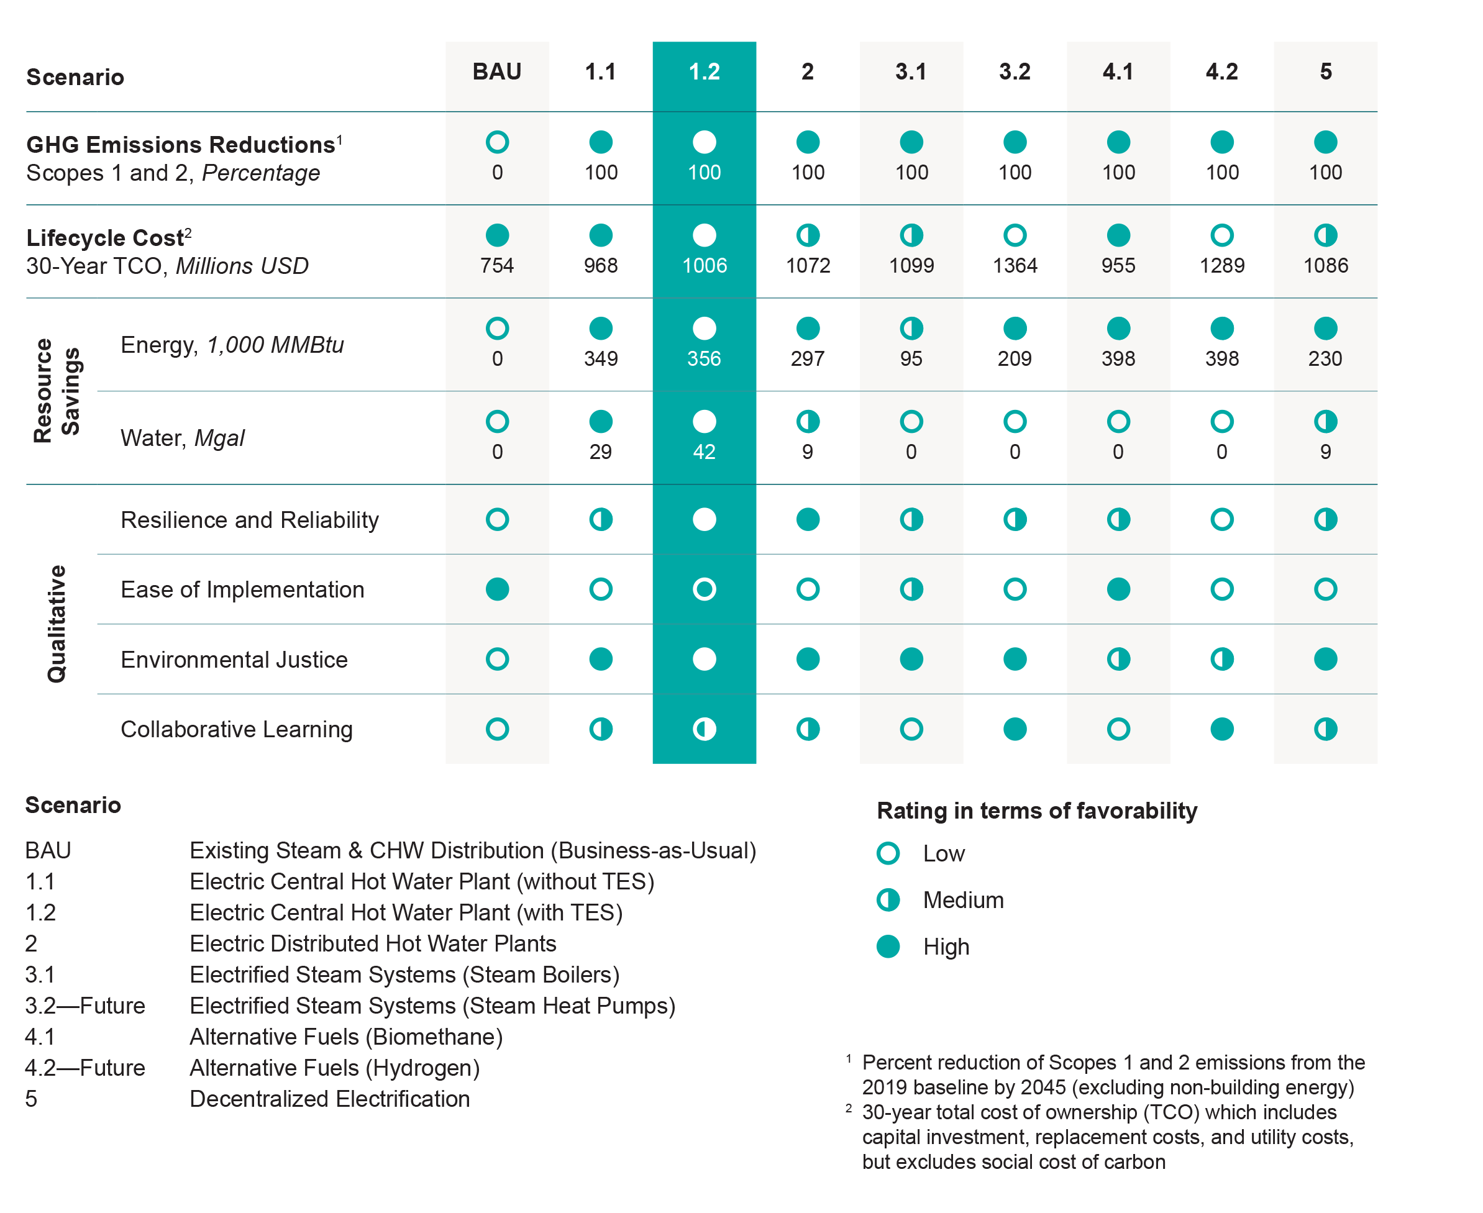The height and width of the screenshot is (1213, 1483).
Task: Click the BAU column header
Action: (497, 72)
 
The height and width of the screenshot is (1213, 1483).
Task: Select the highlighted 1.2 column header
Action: (704, 72)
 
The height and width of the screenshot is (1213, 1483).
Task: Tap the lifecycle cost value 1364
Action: (1015, 266)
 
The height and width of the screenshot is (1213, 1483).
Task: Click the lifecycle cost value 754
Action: (497, 266)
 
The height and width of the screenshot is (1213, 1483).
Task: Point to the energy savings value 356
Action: (704, 358)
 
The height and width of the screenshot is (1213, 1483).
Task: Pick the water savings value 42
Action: (704, 452)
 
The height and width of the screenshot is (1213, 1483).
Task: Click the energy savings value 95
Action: (911, 358)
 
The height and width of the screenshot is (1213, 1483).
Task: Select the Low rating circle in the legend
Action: (888, 853)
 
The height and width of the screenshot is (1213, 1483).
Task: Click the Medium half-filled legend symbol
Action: (888, 900)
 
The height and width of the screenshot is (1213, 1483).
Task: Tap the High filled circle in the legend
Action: (888, 947)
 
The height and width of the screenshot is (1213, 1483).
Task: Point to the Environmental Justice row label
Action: (234, 660)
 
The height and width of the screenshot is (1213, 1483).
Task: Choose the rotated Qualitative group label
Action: (56, 624)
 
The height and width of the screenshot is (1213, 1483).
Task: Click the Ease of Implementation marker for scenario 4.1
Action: (1118, 589)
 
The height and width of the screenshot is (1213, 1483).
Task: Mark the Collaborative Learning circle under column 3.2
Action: (1015, 729)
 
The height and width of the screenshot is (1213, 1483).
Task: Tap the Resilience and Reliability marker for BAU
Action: (497, 519)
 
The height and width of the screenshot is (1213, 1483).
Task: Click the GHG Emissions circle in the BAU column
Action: (497, 142)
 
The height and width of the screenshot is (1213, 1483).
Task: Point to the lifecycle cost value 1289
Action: (1221, 266)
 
